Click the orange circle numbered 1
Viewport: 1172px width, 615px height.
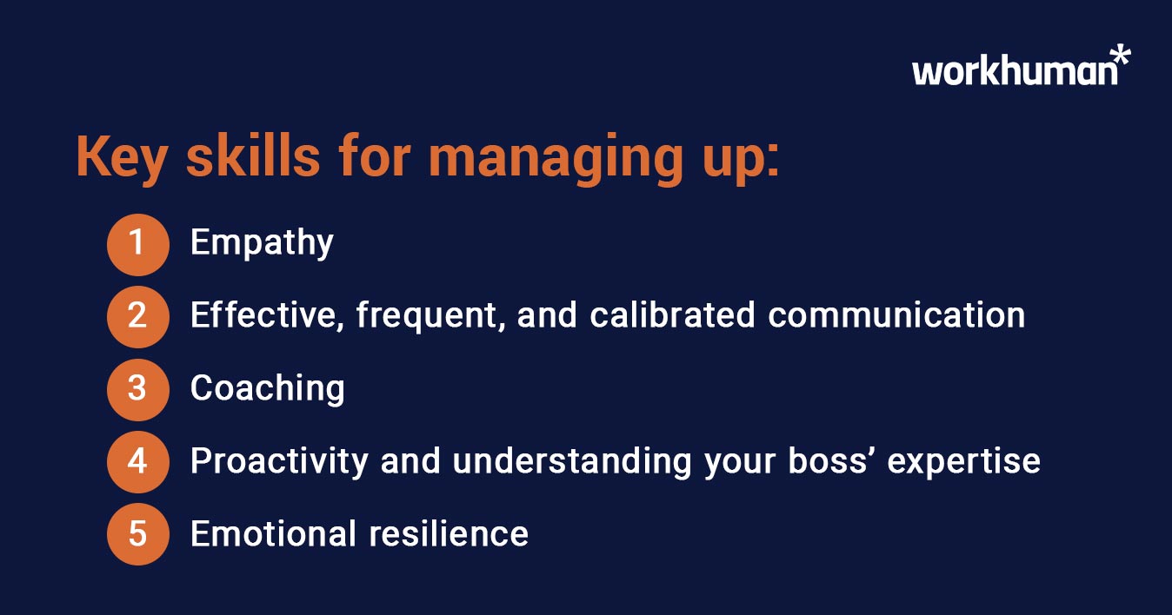click(x=137, y=243)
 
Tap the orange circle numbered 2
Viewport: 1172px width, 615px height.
click(x=137, y=316)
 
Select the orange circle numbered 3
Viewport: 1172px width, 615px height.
click(x=137, y=388)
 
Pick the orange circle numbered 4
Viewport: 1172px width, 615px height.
click(x=137, y=461)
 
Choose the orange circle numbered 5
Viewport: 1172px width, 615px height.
click(x=137, y=533)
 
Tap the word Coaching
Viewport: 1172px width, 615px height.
click(x=267, y=389)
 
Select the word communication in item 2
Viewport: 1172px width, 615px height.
click(x=896, y=315)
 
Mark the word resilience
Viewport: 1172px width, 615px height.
click(x=449, y=533)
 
